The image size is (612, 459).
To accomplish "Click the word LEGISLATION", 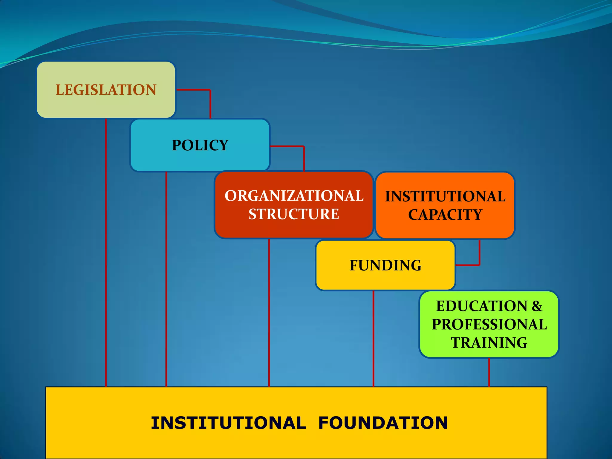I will tap(106, 90).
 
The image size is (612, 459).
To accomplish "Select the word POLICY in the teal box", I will tap(200, 146).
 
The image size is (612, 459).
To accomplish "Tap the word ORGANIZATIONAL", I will tap(294, 196).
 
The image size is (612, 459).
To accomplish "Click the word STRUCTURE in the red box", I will tap(294, 214).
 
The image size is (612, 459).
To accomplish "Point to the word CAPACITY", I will tap(445, 215).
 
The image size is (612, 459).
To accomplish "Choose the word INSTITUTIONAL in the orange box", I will tap(445, 197).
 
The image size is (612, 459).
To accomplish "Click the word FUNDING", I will tap(385, 265).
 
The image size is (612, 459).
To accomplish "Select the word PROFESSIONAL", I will tap(489, 325).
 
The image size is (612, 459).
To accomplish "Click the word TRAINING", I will tap(489, 343).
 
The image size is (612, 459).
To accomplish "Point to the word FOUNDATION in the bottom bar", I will tap(383, 423).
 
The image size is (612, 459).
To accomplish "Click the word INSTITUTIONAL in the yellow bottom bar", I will tap(229, 423).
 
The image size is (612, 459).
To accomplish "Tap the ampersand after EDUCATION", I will tap(537, 306).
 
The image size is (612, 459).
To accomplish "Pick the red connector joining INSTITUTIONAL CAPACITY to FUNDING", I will tap(479, 257).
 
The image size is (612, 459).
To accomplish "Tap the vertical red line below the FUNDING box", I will tap(373, 338).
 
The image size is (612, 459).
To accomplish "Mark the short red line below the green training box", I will tap(489, 372).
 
